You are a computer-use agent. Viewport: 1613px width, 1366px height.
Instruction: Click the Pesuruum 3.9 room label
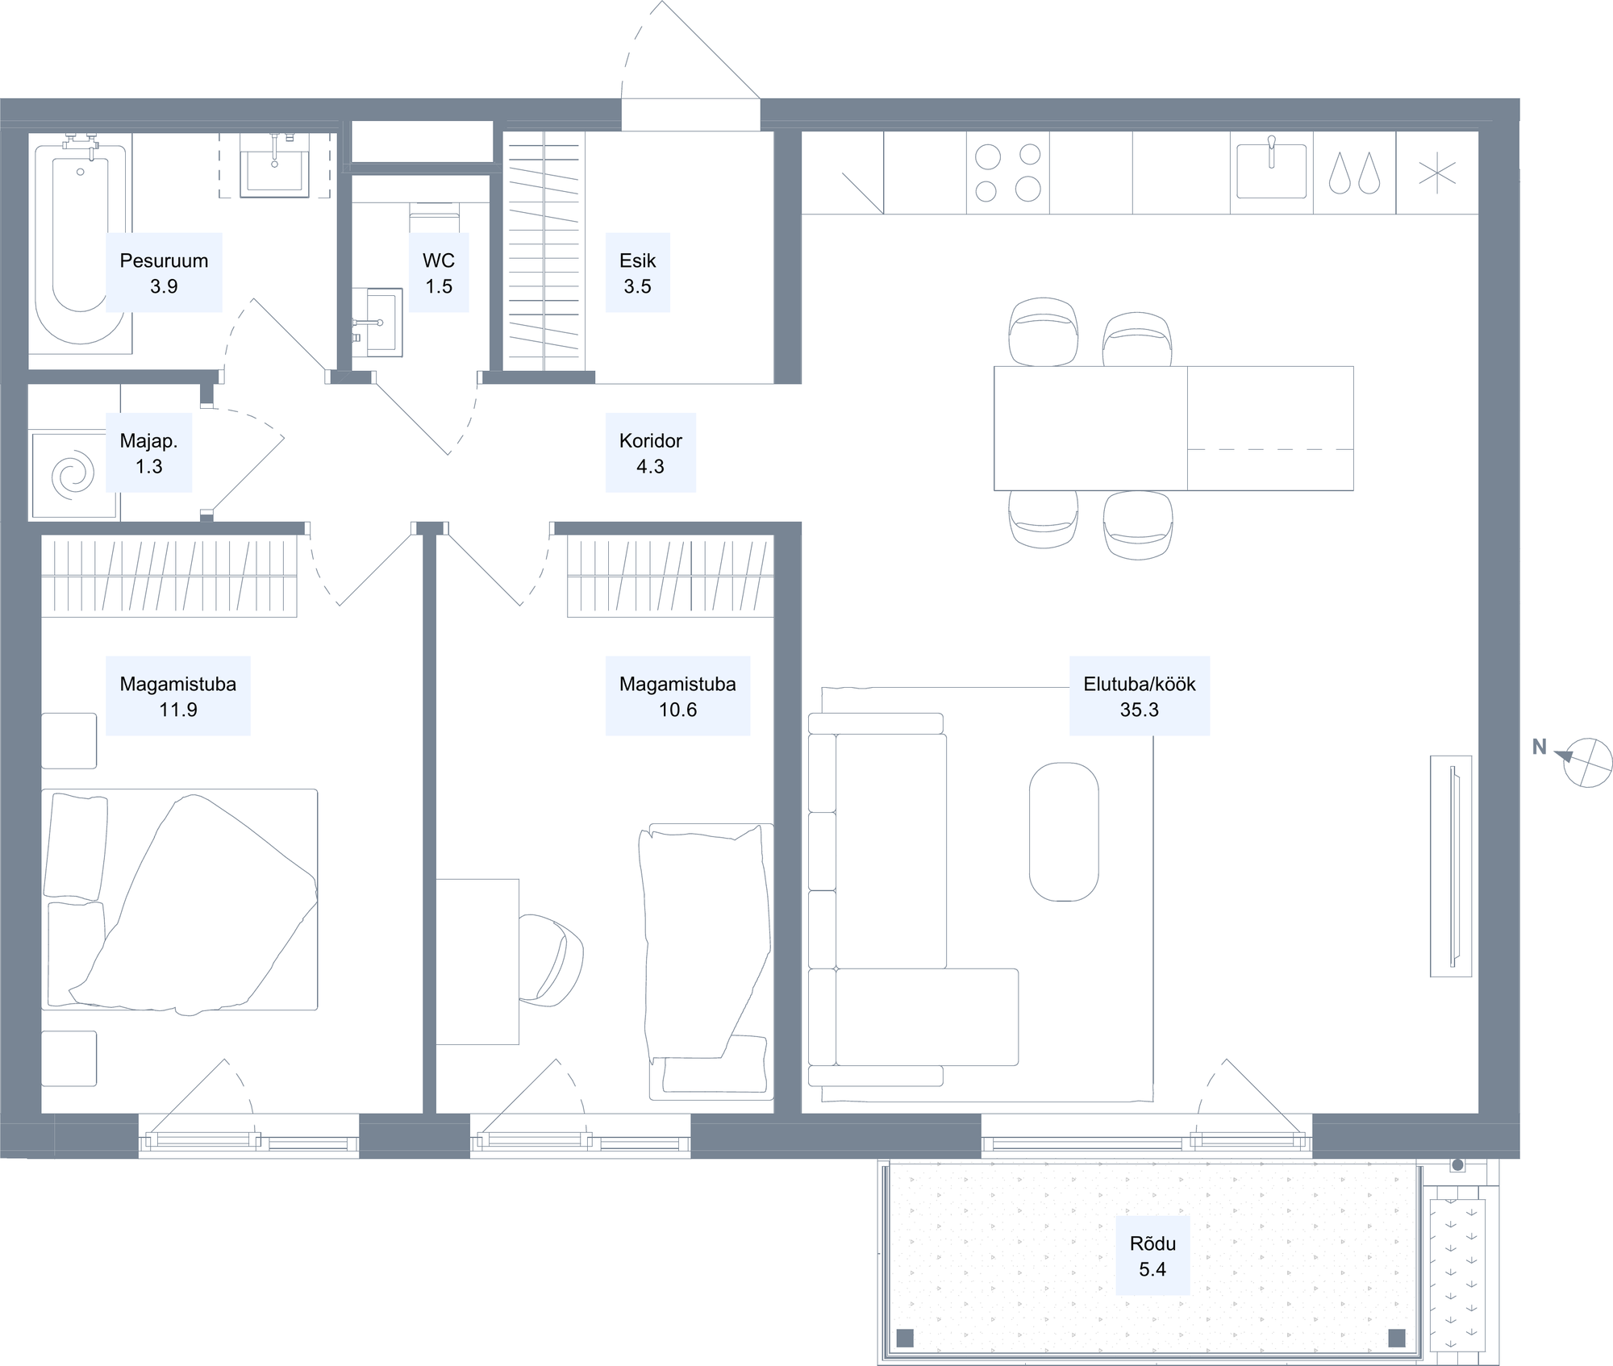(x=164, y=273)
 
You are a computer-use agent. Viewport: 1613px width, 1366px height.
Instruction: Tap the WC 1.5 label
(x=439, y=273)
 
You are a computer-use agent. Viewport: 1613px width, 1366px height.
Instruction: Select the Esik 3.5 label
(x=637, y=273)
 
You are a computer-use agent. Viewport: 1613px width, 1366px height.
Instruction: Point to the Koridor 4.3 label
(x=650, y=452)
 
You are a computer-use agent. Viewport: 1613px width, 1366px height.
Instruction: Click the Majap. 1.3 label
(x=148, y=452)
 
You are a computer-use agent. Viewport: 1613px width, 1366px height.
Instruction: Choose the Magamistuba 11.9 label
(x=177, y=696)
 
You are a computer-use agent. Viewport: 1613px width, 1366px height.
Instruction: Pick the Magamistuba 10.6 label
(x=677, y=696)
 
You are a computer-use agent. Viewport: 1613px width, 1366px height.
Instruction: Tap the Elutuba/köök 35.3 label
(x=1139, y=696)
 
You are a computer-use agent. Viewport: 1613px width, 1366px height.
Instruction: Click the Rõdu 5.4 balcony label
(x=1152, y=1256)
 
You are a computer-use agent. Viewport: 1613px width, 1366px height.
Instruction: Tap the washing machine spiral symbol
(x=73, y=476)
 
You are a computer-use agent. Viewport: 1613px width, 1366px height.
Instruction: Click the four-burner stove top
(x=1008, y=173)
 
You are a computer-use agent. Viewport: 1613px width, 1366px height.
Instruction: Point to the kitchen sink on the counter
(x=1272, y=169)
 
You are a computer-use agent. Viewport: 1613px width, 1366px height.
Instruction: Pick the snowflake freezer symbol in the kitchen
(x=1437, y=173)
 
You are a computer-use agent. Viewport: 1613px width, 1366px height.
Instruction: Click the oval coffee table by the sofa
(x=1064, y=831)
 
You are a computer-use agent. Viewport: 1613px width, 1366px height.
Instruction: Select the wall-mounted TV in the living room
(x=1451, y=866)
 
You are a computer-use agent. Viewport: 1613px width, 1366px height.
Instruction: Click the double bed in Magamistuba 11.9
(x=180, y=900)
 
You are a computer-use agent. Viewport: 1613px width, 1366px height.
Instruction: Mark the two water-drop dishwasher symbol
(x=1355, y=173)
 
